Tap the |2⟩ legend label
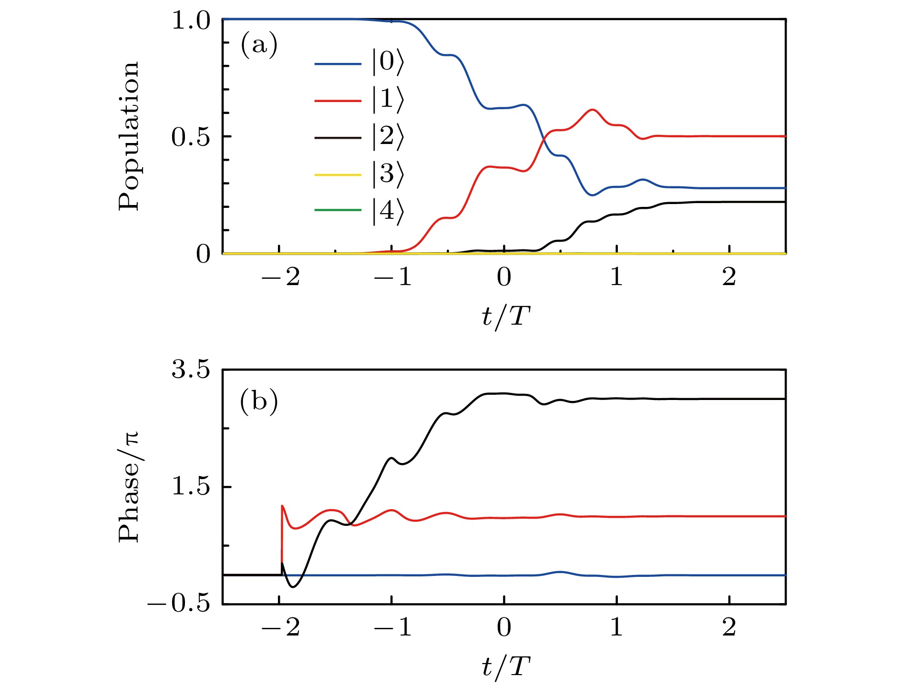click(388, 137)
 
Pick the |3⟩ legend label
click(388, 174)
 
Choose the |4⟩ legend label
click(388, 211)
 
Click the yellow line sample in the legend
click(338, 175)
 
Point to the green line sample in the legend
click(338, 210)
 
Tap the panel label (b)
click(259, 401)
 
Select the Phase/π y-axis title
click(129, 486)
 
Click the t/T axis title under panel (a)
click(505, 316)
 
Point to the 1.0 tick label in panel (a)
click(191, 21)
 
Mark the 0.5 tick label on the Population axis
click(191, 137)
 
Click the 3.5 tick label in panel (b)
click(191, 370)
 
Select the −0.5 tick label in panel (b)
click(179, 604)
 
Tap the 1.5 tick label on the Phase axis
click(191, 487)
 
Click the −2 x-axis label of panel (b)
click(280, 627)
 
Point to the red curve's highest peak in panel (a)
click(593, 110)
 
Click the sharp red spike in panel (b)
click(282, 506)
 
